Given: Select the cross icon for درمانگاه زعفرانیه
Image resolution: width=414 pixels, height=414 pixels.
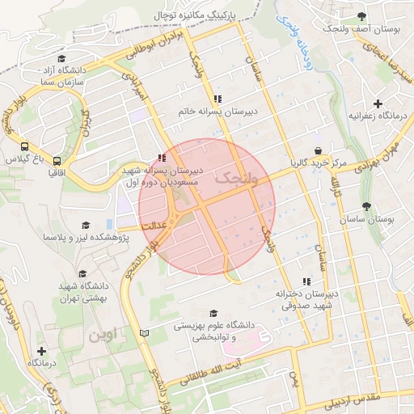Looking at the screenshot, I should coord(378,103).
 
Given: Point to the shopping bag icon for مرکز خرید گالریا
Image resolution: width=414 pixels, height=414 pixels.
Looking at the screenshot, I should coord(319,150).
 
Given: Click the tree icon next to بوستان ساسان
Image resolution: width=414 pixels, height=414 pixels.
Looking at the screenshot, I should coord(366,206).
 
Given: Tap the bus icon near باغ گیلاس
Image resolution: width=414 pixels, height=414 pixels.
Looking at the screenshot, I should coord(25,148).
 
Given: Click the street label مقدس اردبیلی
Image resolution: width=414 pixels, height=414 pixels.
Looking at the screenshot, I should coord(361,400).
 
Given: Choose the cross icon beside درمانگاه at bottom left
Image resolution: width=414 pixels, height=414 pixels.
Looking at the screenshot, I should coord(41,351).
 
